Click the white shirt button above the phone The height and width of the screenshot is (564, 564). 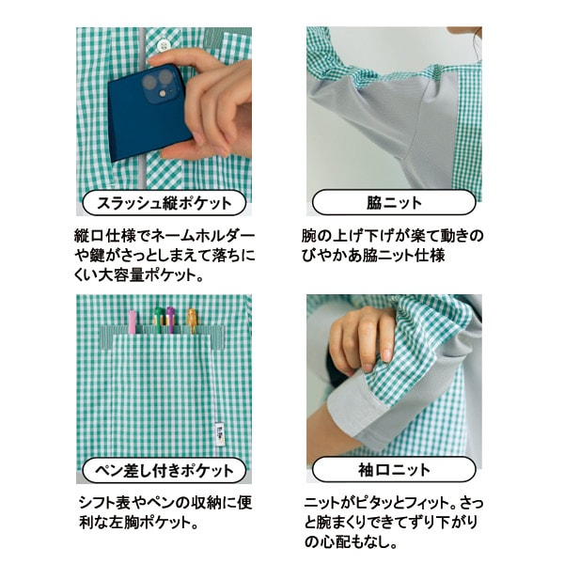(164, 44)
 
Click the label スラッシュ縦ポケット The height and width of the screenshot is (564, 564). (164, 203)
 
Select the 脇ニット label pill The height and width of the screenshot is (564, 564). (394, 202)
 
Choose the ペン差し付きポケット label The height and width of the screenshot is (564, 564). (164, 470)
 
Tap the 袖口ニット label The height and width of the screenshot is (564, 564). (394, 469)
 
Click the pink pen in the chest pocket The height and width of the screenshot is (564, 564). (133, 321)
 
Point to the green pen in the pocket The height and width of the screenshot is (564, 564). (158, 320)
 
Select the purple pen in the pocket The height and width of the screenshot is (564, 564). (170, 320)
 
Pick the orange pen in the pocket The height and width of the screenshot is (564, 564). (192, 321)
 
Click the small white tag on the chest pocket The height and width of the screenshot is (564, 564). (219, 433)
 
